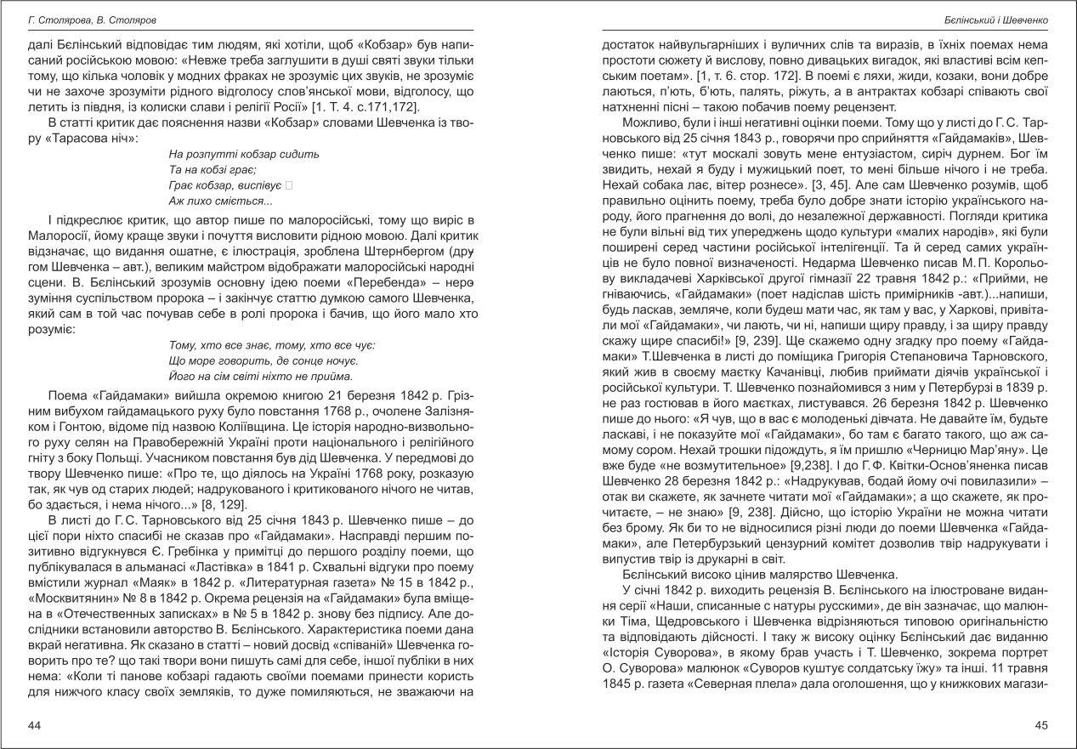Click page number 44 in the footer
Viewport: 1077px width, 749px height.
[x=35, y=724]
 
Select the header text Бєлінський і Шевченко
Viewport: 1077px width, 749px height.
[x=1000, y=18]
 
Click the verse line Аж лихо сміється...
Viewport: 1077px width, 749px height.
[x=220, y=201]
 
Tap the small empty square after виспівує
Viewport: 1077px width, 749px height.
[x=289, y=185]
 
